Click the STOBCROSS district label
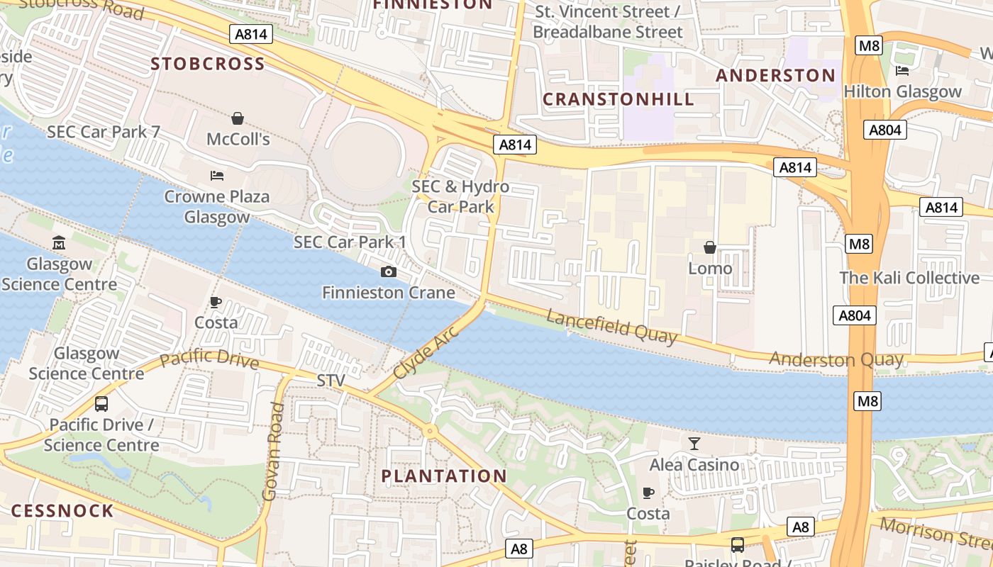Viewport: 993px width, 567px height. (x=208, y=64)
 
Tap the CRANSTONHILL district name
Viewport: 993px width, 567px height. (x=618, y=99)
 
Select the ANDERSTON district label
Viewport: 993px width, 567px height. (x=775, y=75)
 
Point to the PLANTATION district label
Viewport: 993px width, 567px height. (x=445, y=476)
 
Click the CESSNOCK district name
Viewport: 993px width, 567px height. (x=62, y=511)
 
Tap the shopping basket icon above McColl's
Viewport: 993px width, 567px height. (x=238, y=118)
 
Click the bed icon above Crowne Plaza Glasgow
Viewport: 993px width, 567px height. (x=217, y=175)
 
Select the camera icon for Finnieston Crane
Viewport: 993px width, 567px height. (x=389, y=271)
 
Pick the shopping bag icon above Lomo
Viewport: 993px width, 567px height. (x=710, y=247)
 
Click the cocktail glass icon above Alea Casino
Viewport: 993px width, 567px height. (x=694, y=444)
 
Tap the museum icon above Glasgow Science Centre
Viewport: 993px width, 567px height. (x=59, y=243)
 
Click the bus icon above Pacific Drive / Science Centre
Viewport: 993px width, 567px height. (x=101, y=404)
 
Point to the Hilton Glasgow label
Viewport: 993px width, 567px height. (x=902, y=91)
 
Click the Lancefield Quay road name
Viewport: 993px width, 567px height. (x=611, y=326)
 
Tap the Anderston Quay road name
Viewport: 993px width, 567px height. (x=836, y=359)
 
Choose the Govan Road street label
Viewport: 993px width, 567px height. (x=273, y=451)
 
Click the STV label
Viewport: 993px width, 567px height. (x=331, y=381)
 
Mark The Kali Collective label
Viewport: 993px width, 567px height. (x=909, y=278)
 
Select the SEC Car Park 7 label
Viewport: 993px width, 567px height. (x=104, y=132)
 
